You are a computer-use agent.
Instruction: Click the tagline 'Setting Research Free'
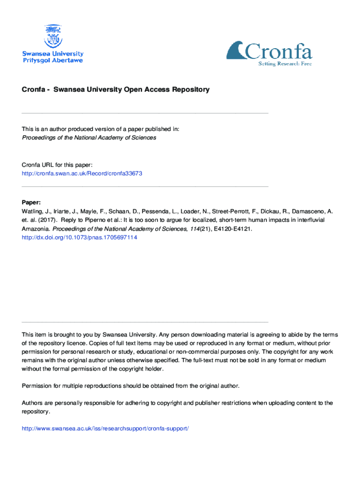click(x=285, y=64)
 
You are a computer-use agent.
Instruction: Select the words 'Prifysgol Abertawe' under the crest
click(x=53, y=60)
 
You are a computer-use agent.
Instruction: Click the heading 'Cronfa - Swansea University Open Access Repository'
click(x=116, y=89)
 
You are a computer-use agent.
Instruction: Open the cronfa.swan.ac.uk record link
click(x=82, y=173)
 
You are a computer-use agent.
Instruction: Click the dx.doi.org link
click(x=79, y=237)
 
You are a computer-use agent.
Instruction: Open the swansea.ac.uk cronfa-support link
click(x=105, y=428)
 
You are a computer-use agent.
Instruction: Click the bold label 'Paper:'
click(x=32, y=203)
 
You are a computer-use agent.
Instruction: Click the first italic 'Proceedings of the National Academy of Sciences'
click(x=89, y=138)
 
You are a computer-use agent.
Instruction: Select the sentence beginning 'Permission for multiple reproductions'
click(x=131, y=386)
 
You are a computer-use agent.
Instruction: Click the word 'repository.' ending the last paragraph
click(x=36, y=412)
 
